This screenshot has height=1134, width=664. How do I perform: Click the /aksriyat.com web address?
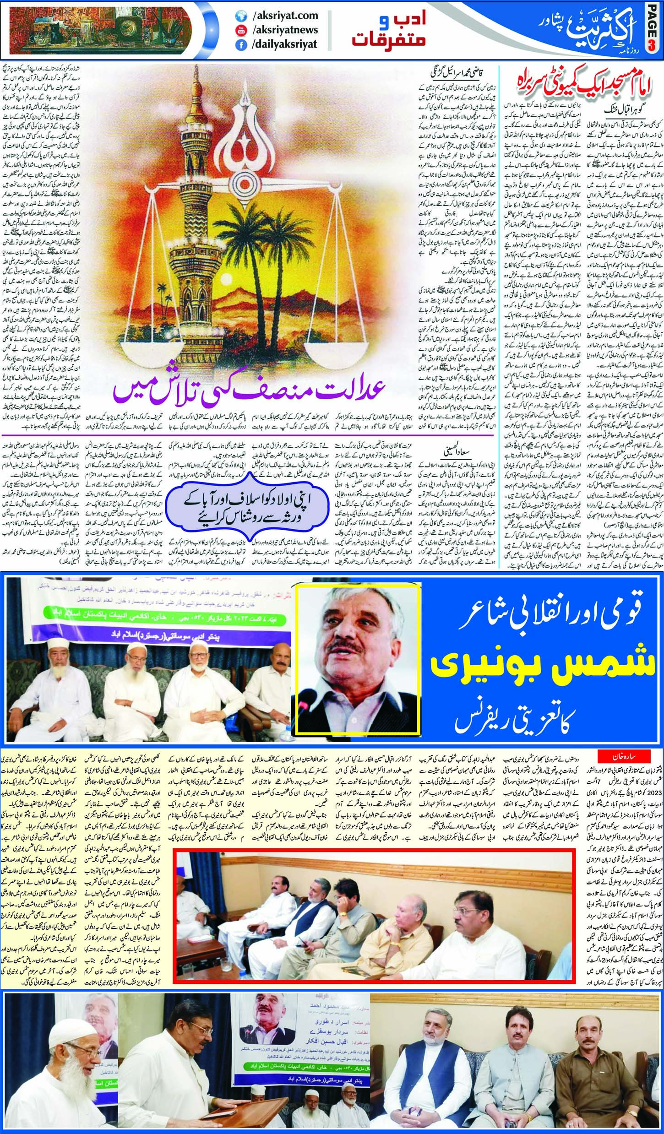pos(284,16)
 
